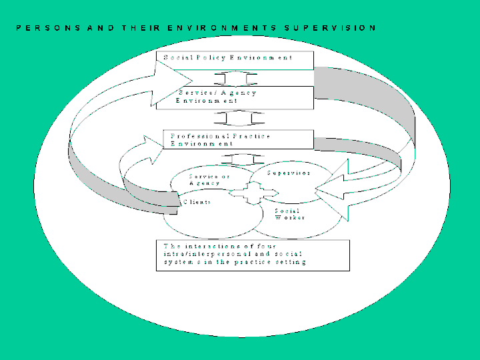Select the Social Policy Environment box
(235, 59)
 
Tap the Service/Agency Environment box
(235, 97)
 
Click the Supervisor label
(289, 173)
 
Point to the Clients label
(197, 202)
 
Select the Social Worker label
(290, 214)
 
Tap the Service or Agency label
(209, 179)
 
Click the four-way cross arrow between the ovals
(254, 193)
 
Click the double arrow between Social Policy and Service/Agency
(241, 77)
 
